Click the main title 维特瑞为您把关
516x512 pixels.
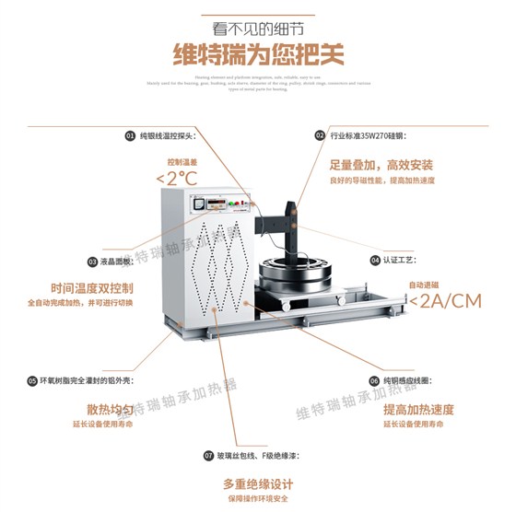coord(258,55)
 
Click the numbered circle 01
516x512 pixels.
coord(130,135)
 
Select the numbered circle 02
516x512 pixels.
coord(320,135)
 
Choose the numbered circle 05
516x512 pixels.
coord(32,379)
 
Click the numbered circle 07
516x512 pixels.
coord(208,456)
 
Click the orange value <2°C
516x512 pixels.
coord(176,178)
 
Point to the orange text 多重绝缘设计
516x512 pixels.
coord(258,484)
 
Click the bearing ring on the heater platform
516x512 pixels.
coord(294,273)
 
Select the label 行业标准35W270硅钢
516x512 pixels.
coord(369,135)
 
